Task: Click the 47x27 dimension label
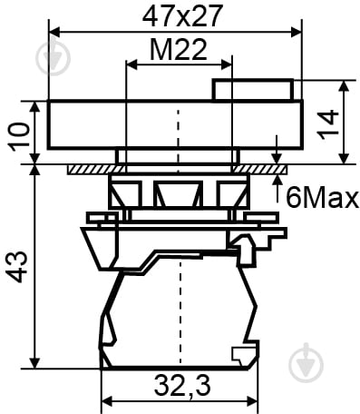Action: (182, 15)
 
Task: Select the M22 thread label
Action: (179, 50)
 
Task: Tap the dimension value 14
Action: (328, 124)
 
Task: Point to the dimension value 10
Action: (20, 136)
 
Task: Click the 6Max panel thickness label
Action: (322, 198)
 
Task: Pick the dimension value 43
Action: (17, 266)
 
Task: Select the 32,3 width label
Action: (182, 386)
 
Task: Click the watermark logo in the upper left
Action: (53, 57)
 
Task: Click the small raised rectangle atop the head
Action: (253, 89)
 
